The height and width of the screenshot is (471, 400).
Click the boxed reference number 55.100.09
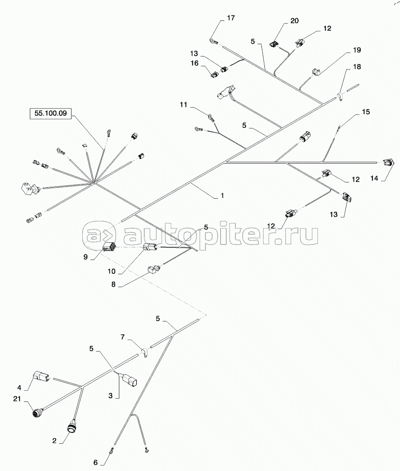point(50,113)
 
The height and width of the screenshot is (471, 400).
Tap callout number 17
point(231,18)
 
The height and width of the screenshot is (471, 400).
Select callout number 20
point(294,21)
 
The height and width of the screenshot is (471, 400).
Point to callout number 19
point(358,50)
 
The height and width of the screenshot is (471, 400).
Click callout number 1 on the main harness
point(222,196)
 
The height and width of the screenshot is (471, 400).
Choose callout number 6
point(96,462)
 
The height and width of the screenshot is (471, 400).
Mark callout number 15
point(366,111)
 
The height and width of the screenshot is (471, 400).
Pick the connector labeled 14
point(389,163)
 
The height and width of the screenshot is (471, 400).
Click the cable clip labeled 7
point(144,352)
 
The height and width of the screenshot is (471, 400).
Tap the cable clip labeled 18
point(340,97)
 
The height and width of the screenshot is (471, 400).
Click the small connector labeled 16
point(215,75)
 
